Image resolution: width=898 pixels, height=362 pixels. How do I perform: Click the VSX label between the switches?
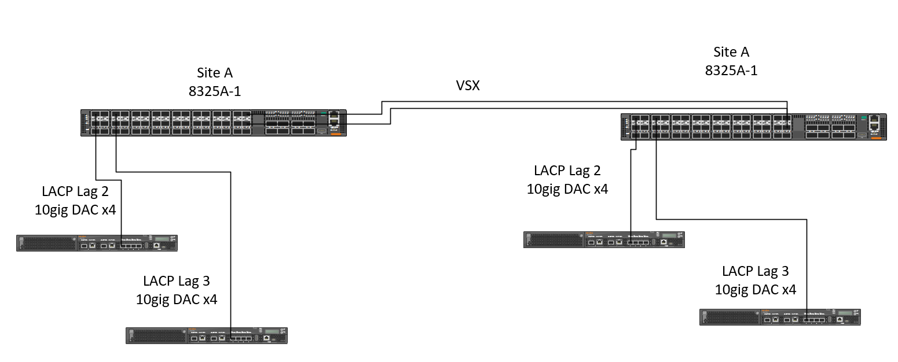467,85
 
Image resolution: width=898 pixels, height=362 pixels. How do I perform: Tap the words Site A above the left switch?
214,73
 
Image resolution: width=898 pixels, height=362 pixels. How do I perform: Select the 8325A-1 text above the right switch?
731,71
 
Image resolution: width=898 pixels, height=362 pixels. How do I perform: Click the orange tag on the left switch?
336,134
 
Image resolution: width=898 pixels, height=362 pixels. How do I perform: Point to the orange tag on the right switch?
876,138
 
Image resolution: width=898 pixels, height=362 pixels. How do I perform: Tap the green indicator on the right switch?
863,117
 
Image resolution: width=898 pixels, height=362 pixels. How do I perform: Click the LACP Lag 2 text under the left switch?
75,191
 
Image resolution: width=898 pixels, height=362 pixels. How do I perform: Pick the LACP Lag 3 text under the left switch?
177,281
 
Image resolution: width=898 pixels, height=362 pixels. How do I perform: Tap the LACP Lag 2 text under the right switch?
567,171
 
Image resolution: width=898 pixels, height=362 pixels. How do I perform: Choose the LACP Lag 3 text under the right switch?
756,271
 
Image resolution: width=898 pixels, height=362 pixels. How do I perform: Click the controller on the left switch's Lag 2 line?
97,243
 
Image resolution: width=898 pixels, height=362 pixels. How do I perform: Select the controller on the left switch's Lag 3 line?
207,335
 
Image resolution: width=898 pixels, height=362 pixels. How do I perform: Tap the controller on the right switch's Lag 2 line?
604,239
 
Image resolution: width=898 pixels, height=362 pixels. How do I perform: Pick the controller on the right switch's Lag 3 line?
780,317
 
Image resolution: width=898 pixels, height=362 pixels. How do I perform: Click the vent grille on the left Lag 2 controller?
47,243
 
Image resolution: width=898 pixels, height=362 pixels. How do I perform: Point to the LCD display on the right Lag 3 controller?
845,313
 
